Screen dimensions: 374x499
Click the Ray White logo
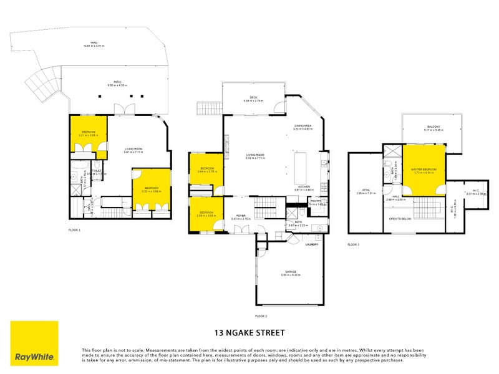[34, 343]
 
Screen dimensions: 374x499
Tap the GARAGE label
[291, 272]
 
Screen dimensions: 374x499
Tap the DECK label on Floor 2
[254, 98]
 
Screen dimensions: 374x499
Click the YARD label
[94, 44]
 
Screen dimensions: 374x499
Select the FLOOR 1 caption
[74, 231]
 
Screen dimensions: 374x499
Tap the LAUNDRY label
[312, 244]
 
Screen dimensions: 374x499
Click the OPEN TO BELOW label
[400, 219]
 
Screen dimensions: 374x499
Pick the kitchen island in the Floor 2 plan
[301, 164]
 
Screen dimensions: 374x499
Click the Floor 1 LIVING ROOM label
[134, 148]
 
